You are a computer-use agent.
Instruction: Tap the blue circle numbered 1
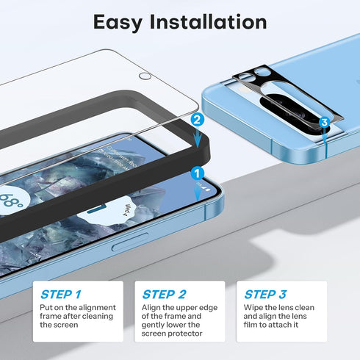(196, 173)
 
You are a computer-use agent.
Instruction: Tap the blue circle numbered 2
(195, 119)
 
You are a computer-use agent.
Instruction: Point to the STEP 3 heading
(265, 294)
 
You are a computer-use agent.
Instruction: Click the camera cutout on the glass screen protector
(145, 76)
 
